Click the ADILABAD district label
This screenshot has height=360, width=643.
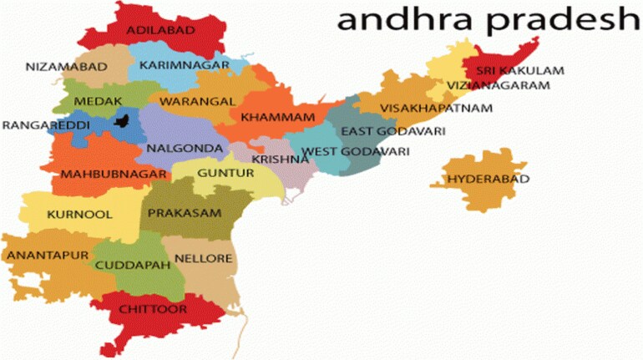[160, 31]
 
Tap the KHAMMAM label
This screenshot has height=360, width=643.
[277, 117]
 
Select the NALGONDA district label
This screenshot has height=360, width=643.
[185, 149]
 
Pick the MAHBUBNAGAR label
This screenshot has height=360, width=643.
[105, 175]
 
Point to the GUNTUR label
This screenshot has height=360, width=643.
[225, 173]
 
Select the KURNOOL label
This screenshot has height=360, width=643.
[79, 214]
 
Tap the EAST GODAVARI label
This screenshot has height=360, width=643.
[392, 132]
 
